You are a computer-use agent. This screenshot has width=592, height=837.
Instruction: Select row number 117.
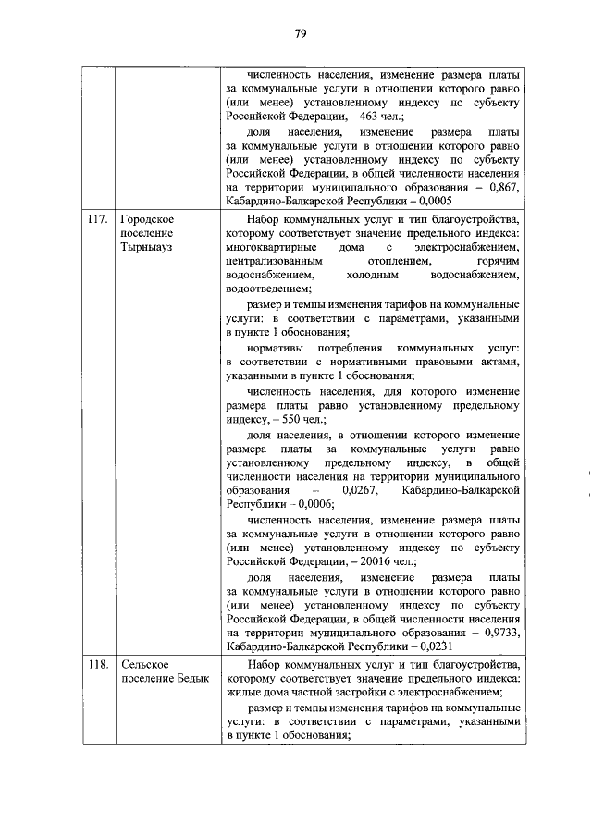coord(96,220)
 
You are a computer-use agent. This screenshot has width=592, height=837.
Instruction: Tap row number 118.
coord(96,666)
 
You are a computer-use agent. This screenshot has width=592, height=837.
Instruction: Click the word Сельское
coord(144,666)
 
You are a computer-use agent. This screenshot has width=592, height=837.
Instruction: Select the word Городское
coord(148,220)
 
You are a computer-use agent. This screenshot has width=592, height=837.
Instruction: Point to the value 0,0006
coord(315,505)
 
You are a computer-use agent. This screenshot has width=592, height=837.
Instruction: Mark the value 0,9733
coord(499,632)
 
